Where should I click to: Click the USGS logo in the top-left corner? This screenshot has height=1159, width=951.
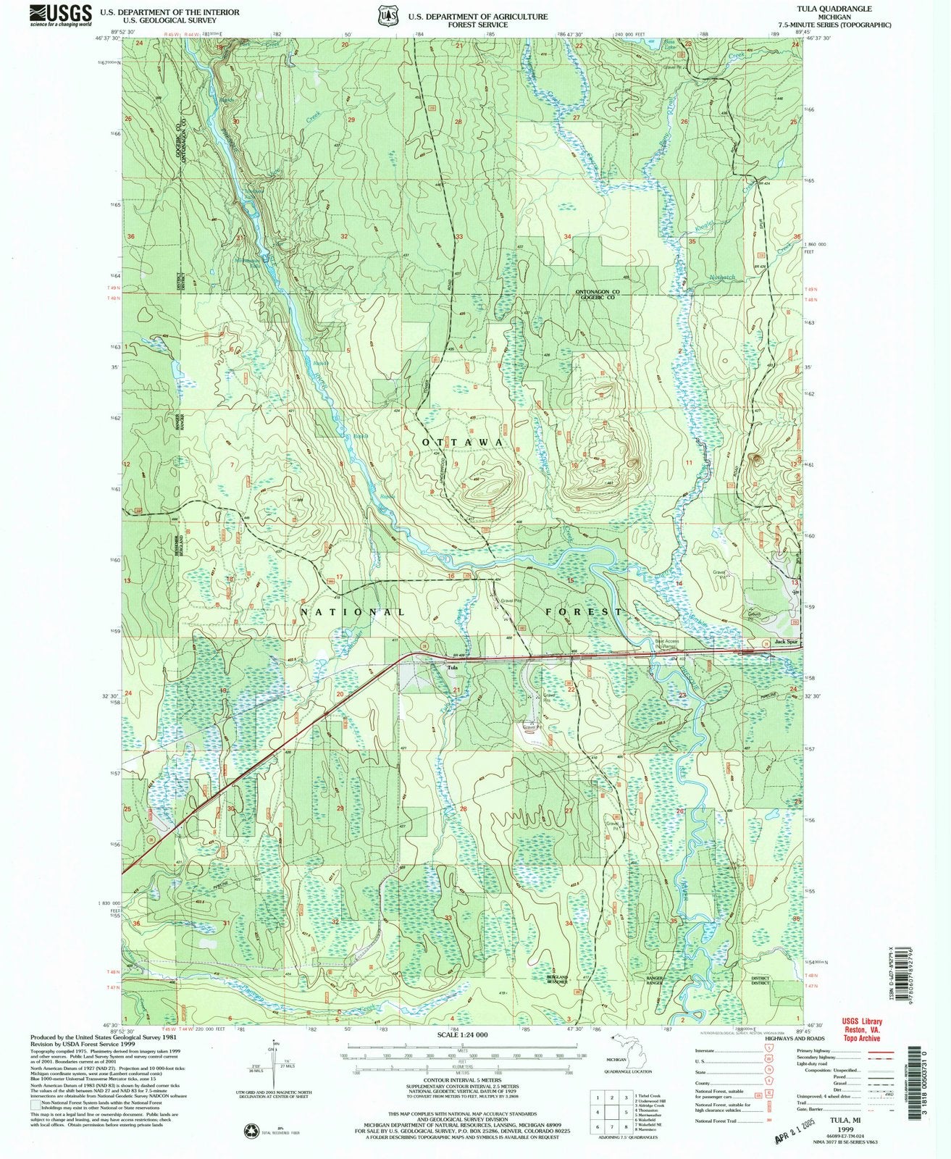[61, 14]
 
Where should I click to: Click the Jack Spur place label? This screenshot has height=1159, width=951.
[785, 642]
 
